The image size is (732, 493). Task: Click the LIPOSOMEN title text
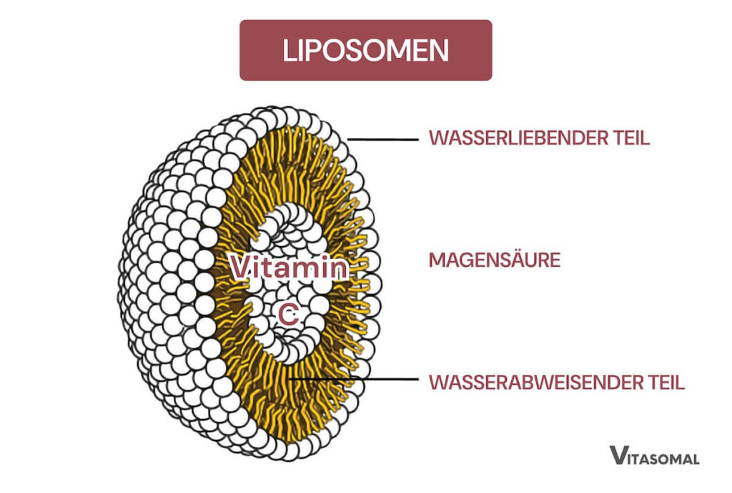click(365, 50)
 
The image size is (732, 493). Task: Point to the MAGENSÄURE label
click(495, 260)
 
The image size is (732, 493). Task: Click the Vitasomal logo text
click(653, 456)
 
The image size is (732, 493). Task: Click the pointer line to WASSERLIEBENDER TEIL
click(382, 139)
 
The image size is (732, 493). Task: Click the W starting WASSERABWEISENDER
click(437, 382)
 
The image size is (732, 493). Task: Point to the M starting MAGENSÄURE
click(435, 260)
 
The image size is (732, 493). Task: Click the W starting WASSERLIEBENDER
click(437, 138)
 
